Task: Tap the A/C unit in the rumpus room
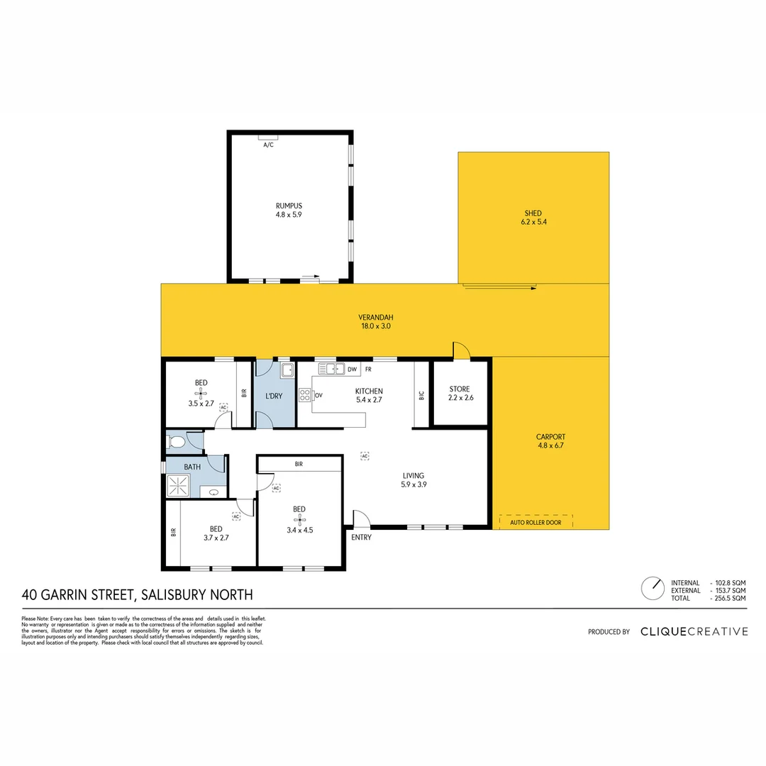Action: pyautogui.click(x=268, y=137)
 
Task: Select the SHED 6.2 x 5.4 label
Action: pyautogui.click(x=533, y=218)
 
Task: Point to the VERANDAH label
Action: pyautogui.click(x=376, y=322)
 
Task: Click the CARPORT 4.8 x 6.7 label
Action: pyautogui.click(x=551, y=441)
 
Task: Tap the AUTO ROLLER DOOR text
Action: pyautogui.click(x=535, y=523)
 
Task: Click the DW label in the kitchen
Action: pyautogui.click(x=352, y=369)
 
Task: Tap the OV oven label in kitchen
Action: pyautogui.click(x=319, y=395)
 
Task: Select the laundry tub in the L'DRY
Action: pyautogui.click(x=287, y=370)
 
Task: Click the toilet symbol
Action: pyautogui.click(x=177, y=443)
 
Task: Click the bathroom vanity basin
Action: pyautogui.click(x=213, y=492)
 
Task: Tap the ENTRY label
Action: pyautogui.click(x=361, y=538)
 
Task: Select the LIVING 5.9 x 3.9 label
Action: pyautogui.click(x=413, y=480)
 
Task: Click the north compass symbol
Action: pyautogui.click(x=651, y=588)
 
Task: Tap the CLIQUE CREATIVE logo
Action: pyautogui.click(x=694, y=631)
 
